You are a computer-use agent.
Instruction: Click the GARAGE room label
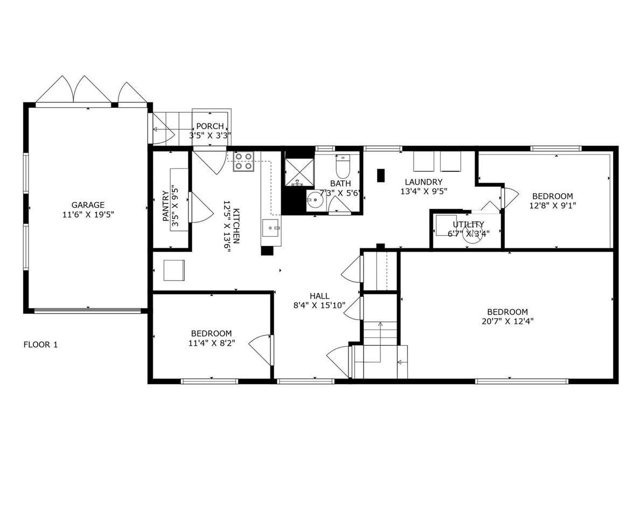[88, 205]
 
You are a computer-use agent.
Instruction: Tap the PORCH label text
[210, 126]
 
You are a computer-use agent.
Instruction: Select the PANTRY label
[165, 206]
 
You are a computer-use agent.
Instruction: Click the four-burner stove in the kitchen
[244, 161]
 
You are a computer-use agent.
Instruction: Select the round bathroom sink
[315, 200]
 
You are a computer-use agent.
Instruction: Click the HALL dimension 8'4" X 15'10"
[319, 305]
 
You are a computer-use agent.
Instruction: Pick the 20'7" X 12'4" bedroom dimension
[507, 321]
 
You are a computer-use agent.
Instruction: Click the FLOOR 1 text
[40, 345]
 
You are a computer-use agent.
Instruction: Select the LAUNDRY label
[423, 182]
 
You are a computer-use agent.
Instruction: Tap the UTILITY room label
[468, 225]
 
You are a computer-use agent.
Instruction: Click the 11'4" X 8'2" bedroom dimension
[212, 343]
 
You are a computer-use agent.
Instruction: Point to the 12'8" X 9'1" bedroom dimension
[552, 206]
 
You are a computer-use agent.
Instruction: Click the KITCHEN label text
[236, 226]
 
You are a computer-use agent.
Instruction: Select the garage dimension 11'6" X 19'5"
[88, 215]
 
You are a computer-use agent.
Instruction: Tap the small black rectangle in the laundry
[381, 176]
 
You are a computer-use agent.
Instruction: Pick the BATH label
[340, 184]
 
